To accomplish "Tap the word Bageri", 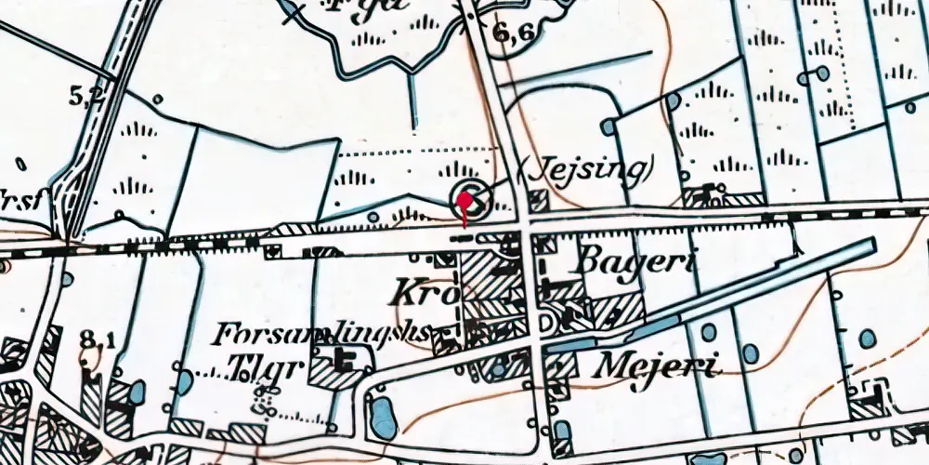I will click(635, 263).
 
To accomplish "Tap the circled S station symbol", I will click(470, 201).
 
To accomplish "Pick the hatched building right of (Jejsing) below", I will click(538, 200).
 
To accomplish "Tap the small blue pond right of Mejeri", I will click(751, 354).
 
